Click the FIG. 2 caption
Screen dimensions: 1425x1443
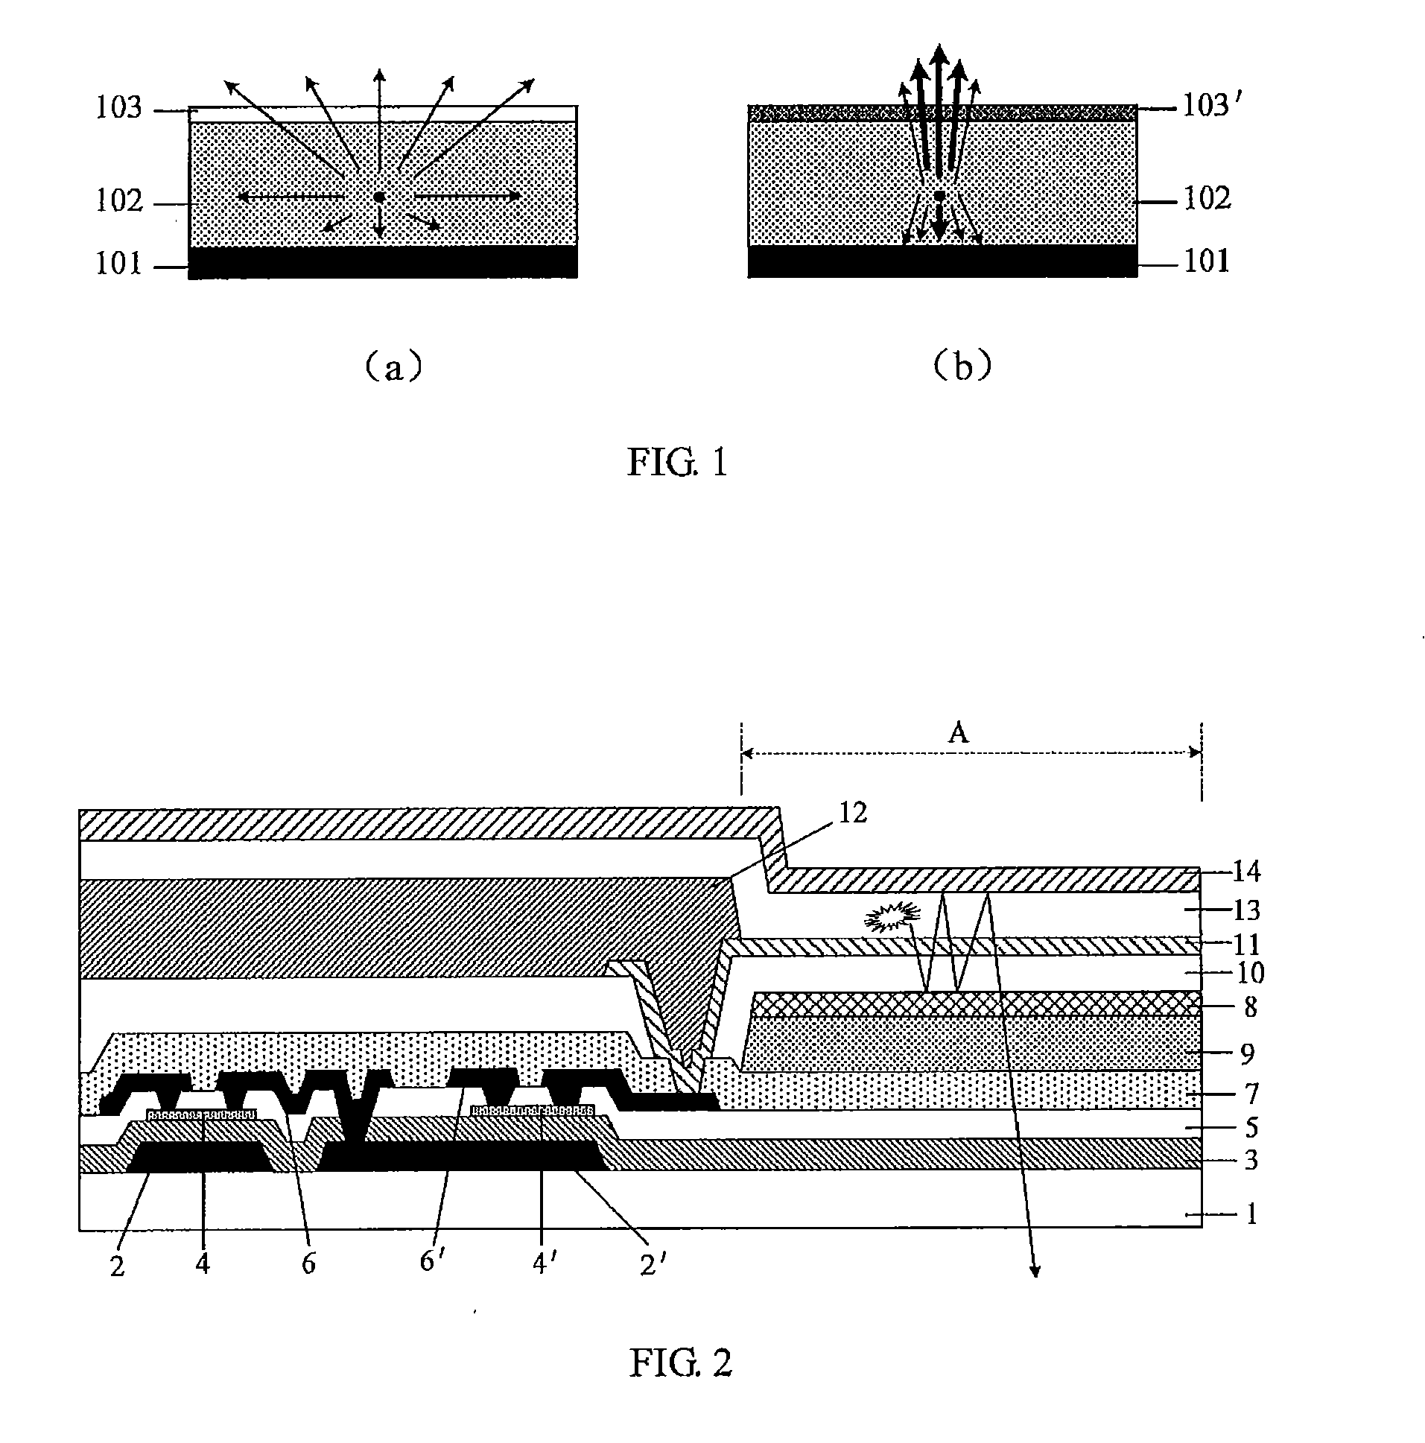pos(679,1363)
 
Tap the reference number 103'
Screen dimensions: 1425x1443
pos(1212,106)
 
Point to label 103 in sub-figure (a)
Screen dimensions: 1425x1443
pos(118,108)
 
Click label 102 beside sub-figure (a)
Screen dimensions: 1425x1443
pos(118,200)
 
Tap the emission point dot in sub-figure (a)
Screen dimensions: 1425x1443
pos(379,197)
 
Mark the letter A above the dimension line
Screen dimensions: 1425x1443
pos(958,733)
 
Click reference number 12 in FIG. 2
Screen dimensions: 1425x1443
pos(853,813)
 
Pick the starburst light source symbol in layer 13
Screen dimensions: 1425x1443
pos(892,917)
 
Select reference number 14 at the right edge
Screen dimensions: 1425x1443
pos(1245,871)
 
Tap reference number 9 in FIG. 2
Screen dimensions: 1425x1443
pos(1247,1054)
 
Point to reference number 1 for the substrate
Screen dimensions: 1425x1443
pos(1251,1214)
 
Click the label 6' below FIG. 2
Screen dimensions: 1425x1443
pos(433,1260)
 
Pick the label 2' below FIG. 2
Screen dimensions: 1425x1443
pos(653,1263)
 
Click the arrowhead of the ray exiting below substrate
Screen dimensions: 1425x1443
pos(1035,1270)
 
